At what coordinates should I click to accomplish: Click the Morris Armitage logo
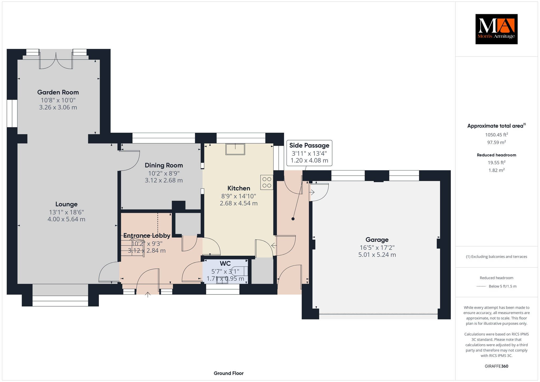[496, 29]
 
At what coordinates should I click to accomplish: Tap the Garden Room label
[58, 92]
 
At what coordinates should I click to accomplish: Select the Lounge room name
[66, 204]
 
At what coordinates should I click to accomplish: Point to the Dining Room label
[164, 165]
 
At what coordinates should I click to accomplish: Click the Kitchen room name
[239, 188]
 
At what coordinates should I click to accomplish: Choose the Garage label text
[377, 240]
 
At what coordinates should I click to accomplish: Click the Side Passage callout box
[309, 153]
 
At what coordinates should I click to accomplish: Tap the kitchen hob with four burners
[267, 183]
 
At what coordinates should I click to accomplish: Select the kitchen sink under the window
[235, 149]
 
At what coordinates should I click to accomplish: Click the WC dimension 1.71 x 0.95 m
[225, 279]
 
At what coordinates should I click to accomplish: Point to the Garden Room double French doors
[56, 60]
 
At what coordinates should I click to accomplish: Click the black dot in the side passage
[293, 219]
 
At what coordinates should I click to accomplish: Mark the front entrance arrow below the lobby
[148, 294]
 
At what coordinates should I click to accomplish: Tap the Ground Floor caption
[229, 373]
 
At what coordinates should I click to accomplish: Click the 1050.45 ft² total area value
[496, 135]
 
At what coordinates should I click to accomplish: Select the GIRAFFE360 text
[496, 366]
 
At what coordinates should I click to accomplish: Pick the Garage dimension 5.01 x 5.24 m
[377, 255]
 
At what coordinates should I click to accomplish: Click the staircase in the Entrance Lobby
[133, 247]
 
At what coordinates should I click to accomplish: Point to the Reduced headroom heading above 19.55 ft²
[496, 155]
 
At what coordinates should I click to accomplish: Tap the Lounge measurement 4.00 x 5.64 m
[66, 219]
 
